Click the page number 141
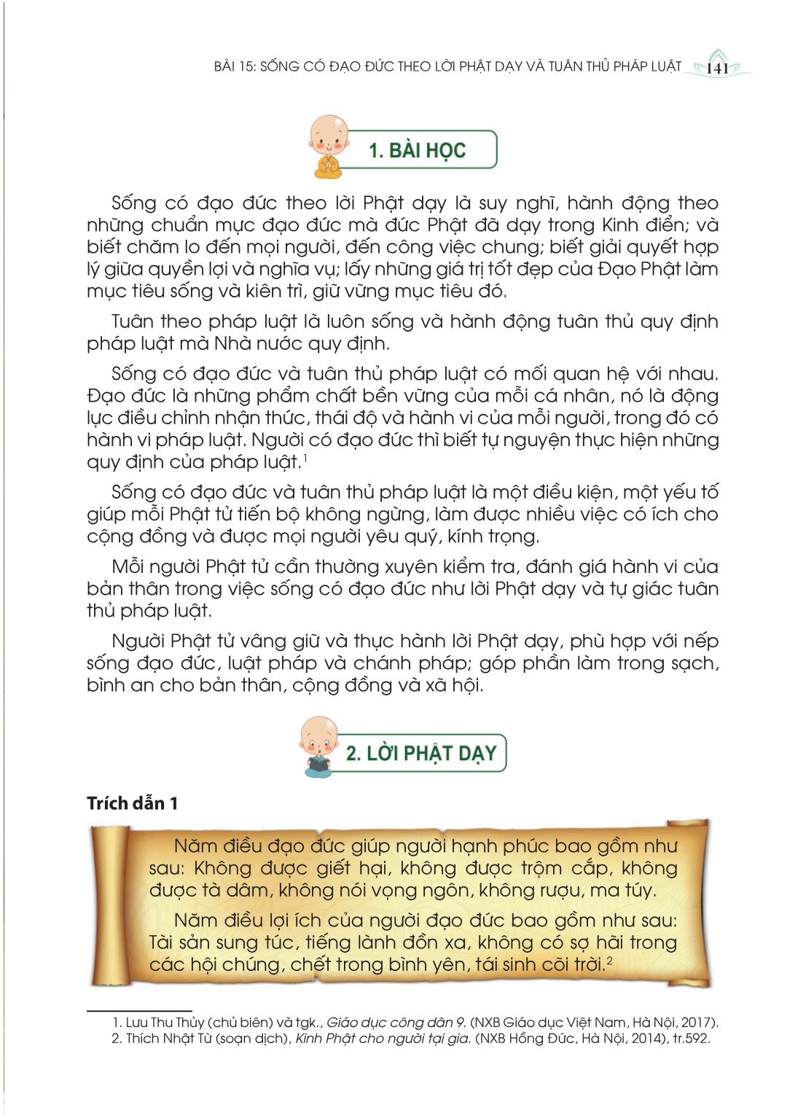pyautogui.click(x=718, y=69)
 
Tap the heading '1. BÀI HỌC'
pyautogui.click(x=417, y=150)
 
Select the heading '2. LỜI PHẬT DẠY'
pyautogui.click(x=420, y=753)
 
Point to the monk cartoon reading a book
pyautogui.click(x=318, y=746)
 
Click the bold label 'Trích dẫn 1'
pyautogui.click(x=132, y=803)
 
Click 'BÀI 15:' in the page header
pyautogui.click(x=235, y=66)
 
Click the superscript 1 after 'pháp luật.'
pyautogui.click(x=305, y=457)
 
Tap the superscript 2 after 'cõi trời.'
pyautogui.click(x=609, y=960)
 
